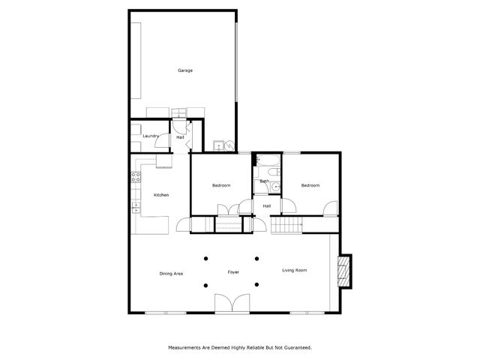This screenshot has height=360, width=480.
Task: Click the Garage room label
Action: pos(185,70)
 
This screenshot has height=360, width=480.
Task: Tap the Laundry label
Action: pos(150,136)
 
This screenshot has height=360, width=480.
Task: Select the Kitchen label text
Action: pos(161,195)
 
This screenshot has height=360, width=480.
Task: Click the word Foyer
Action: pos(233,271)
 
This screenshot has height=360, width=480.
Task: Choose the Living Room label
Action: pos(294,270)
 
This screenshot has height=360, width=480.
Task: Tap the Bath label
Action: pos(264,181)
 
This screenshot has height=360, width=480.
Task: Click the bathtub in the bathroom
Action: pos(267,160)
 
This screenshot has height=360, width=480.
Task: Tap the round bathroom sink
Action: pos(276,188)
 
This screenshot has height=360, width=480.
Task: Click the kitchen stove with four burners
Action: pos(136,178)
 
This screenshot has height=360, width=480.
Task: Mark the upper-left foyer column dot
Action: pos(205,259)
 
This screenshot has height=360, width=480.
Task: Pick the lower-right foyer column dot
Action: pos(256,284)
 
